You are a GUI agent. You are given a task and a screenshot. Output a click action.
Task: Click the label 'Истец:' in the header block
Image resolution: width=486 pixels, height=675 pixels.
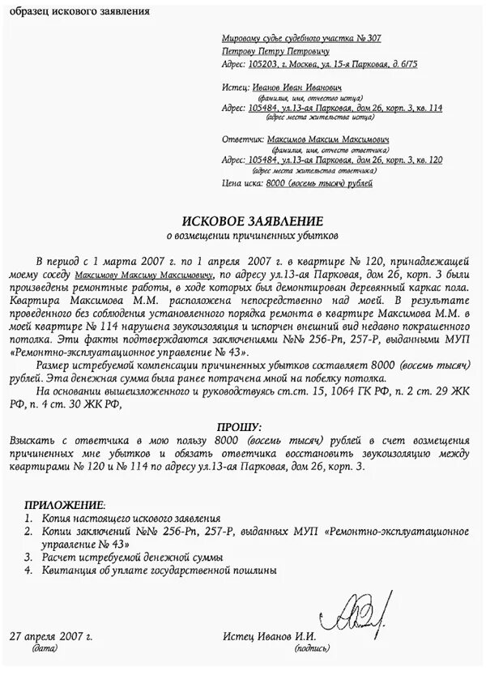(x=233, y=86)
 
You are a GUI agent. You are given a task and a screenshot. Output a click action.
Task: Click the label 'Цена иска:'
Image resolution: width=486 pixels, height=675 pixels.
(x=241, y=184)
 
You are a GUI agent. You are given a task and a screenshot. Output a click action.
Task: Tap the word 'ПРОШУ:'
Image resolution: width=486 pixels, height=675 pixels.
(x=239, y=426)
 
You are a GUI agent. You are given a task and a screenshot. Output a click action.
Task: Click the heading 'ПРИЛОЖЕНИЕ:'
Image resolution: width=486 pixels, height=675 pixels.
(x=65, y=504)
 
